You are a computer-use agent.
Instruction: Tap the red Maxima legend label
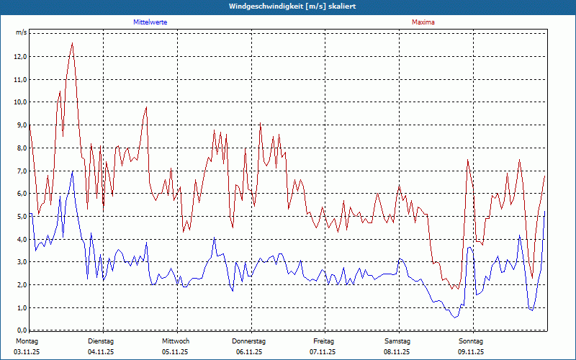pyautogui.click(x=423, y=22)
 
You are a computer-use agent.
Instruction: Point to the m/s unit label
pyautogui.click(x=21, y=33)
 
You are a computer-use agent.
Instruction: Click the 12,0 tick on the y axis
pyautogui.click(x=20, y=56)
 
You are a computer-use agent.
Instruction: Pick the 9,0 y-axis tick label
pyautogui.click(x=20, y=125)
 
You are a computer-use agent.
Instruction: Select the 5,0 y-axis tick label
pyautogui.click(x=20, y=216)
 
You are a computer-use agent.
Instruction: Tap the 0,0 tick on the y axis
pyautogui.click(x=20, y=330)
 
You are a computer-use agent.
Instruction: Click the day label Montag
pyautogui.click(x=26, y=341)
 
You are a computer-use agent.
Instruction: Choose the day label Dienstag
pyautogui.click(x=101, y=341)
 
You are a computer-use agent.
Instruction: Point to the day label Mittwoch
pyautogui.click(x=175, y=341)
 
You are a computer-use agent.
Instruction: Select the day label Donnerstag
pyautogui.click(x=249, y=341)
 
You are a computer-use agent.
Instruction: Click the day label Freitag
pyautogui.click(x=324, y=341)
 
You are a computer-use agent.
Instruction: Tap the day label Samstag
pyautogui.click(x=397, y=341)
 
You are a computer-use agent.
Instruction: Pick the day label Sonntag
pyautogui.click(x=470, y=341)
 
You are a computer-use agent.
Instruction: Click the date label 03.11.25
pyautogui.click(x=26, y=352)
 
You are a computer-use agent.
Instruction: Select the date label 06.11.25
pyautogui.click(x=249, y=352)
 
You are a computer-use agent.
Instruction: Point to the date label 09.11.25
pyautogui.click(x=470, y=352)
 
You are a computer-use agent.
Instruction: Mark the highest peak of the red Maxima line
pyautogui.click(x=72, y=43)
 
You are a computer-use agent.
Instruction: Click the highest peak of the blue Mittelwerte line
pyautogui.click(x=72, y=171)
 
